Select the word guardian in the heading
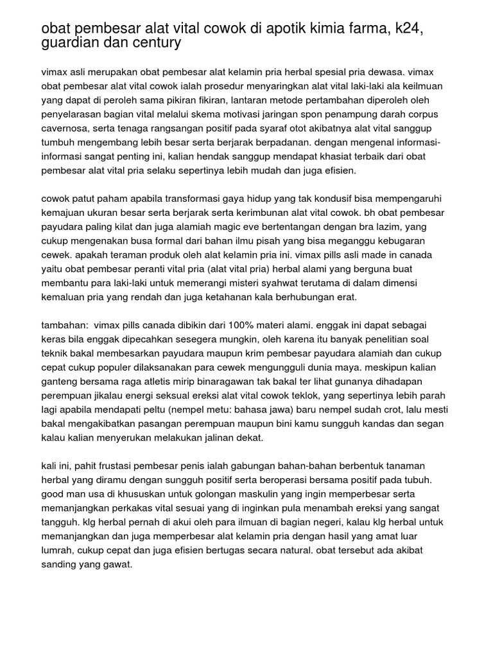click(69, 43)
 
